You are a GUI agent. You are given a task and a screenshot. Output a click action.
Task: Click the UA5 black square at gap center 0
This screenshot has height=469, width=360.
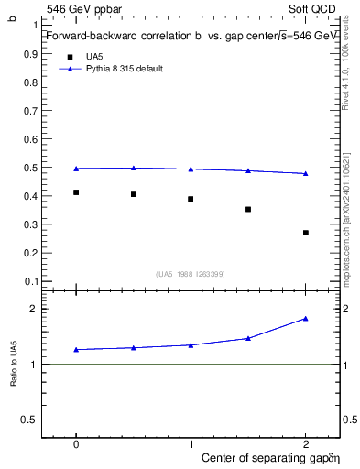(76, 192)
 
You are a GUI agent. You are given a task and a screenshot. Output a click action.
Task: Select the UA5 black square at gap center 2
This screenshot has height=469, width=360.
(306, 233)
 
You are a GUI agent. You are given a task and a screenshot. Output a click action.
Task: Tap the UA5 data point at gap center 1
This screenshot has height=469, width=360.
(191, 199)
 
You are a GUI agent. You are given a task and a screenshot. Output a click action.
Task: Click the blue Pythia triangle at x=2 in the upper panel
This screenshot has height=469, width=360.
(306, 173)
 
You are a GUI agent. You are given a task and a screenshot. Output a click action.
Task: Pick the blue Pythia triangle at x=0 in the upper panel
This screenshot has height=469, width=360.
(76, 169)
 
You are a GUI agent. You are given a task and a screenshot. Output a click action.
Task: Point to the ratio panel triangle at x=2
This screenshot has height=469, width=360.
(306, 318)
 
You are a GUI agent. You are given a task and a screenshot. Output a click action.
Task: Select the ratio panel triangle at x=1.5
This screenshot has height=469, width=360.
(248, 338)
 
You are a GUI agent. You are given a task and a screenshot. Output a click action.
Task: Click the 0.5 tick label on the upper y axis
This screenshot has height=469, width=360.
(30, 168)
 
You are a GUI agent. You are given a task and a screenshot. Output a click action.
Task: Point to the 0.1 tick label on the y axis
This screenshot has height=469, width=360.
(30, 280)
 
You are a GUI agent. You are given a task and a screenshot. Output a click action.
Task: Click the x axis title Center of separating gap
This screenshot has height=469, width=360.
(266, 457)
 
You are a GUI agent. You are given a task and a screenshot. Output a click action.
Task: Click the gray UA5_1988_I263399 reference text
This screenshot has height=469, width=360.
(191, 273)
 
